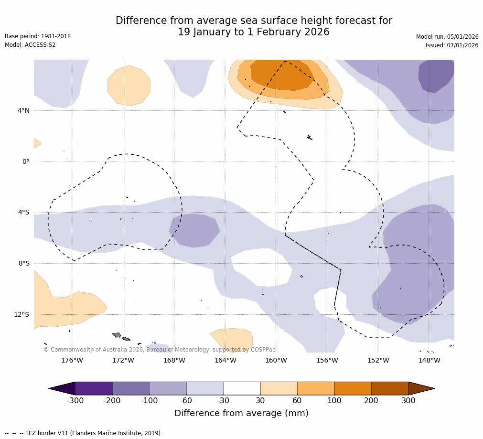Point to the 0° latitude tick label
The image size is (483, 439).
point(26,161)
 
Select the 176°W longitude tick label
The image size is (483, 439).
point(72,360)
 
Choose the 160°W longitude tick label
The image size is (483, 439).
point(276,360)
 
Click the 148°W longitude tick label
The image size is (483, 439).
point(429,360)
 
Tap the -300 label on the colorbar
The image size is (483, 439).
point(75,401)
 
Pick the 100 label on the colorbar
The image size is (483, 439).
point(334,401)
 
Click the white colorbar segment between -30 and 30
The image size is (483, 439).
point(242,388)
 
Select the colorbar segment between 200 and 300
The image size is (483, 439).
point(390,388)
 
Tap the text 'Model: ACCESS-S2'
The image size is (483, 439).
point(30,45)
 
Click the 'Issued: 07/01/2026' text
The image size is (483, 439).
point(452,45)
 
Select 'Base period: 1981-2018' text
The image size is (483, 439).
point(38,36)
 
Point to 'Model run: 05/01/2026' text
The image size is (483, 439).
point(447,37)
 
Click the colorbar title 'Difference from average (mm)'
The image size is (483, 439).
point(241,413)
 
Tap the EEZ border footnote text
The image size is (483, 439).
point(83,433)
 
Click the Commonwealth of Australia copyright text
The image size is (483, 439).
point(160,350)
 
